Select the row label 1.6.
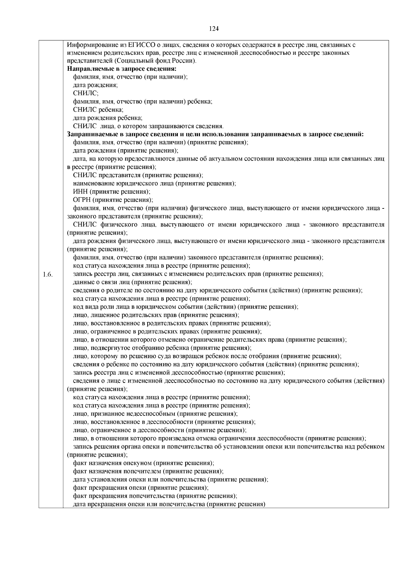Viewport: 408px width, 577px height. click(x=48, y=274)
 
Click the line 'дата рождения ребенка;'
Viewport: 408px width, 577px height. click(x=108, y=118)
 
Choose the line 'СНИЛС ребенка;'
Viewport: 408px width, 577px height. click(x=98, y=110)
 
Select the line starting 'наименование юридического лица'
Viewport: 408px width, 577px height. click(x=155, y=184)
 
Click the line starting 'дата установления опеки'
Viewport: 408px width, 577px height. click(x=171, y=479)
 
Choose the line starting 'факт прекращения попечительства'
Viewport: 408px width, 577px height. click(x=155, y=496)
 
